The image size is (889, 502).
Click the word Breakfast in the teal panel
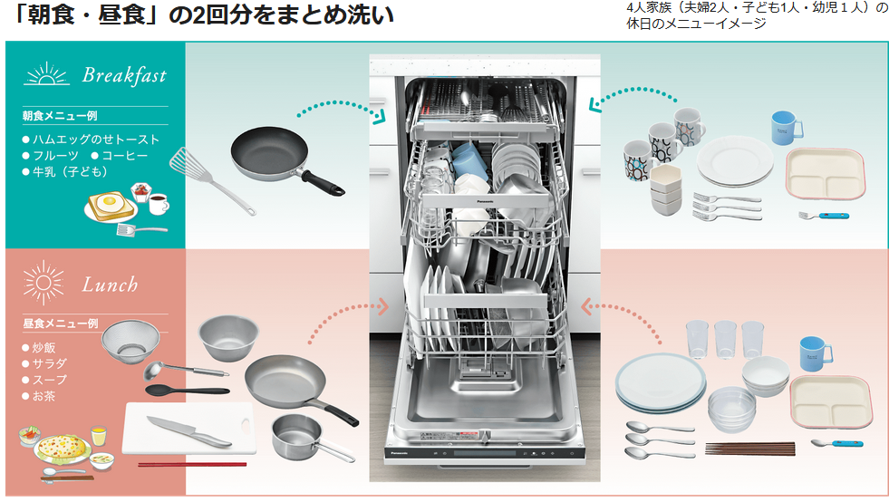(124, 75)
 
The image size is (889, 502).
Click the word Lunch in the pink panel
(110, 285)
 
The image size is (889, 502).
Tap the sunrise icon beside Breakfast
(46, 73)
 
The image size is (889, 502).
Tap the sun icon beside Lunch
(43, 282)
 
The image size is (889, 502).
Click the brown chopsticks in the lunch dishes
(749, 448)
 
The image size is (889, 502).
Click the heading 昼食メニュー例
(61, 323)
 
